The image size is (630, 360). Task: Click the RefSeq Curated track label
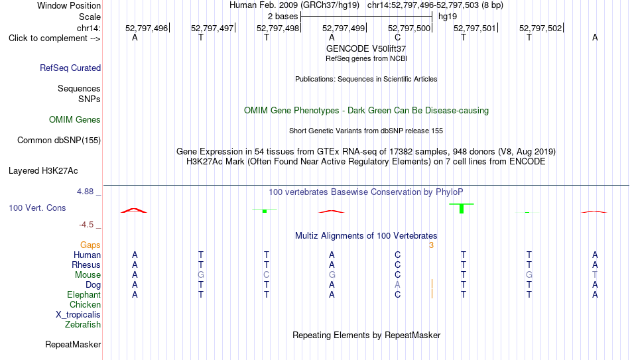pyautogui.click(x=70, y=68)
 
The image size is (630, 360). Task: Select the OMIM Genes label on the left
pyautogui.click(x=75, y=120)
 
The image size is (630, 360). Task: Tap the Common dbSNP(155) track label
pyautogui.click(x=59, y=141)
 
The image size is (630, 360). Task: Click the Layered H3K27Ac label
pyautogui.click(x=43, y=171)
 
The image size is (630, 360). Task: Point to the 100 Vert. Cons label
pyautogui.click(x=37, y=208)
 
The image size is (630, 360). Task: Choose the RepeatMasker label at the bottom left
pyautogui.click(x=73, y=344)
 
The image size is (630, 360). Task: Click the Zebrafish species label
pyautogui.click(x=83, y=324)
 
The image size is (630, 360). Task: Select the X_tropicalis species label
pyautogui.click(x=78, y=315)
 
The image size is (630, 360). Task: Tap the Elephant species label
pyautogui.click(x=84, y=294)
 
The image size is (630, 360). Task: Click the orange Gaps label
pyautogui.click(x=90, y=245)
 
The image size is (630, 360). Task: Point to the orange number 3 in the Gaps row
pyautogui.click(x=431, y=245)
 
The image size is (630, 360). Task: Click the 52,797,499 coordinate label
pyautogui.click(x=344, y=28)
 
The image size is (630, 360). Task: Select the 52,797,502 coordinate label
pyautogui.click(x=540, y=28)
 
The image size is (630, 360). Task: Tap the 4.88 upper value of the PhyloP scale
pyautogui.click(x=85, y=191)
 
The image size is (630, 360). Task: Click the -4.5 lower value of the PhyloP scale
pyautogui.click(x=86, y=225)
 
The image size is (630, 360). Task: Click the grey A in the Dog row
pyautogui.click(x=397, y=284)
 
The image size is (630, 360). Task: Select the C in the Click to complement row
pyautogui.click(x=397, y=37)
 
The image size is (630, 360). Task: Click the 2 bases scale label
pyautogui.click(x=283, y=17)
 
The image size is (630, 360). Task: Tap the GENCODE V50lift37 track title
pyautogui.click(x=366, y=48)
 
